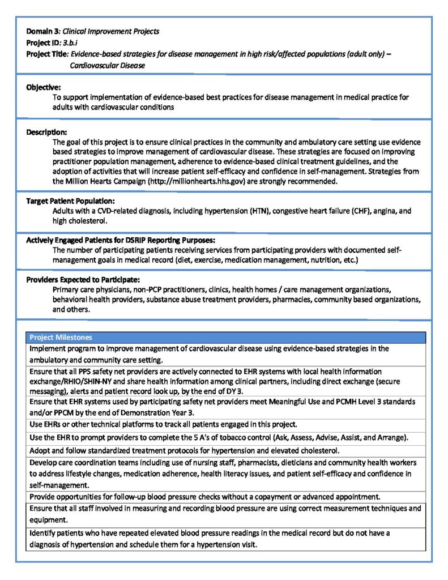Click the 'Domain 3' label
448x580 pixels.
coord(42,31)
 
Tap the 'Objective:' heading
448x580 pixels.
coord(44,87)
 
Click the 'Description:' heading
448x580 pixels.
coord(46,132)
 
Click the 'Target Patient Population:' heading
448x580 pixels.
coord(70,201)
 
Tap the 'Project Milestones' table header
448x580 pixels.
coord(61,337)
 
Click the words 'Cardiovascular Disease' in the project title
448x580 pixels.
coord(108,65)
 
